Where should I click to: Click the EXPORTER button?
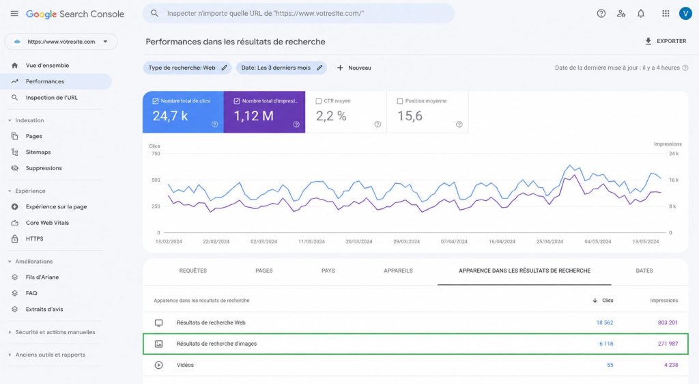click(x=666, y=41)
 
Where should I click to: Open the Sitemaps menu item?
click(x=38, y=152)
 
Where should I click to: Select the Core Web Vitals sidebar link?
click(x=47, y=223)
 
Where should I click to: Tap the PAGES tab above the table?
click(x=264, y=271)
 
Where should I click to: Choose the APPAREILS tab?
click(x=398, y=271)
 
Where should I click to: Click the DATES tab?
click(x=644, y=271)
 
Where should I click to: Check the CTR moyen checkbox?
click(x=319, y=101)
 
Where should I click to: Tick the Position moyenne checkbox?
click(x=400, y=101)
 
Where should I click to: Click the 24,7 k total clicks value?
click(x=170, y=116)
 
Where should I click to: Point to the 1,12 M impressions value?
click(x=254, y=116)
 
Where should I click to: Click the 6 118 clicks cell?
click(x=606, y=344)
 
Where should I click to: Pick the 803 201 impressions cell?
click(x=668, y=323)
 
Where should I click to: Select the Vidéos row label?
click(x=185, y=365)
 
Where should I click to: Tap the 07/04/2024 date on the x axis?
click(x=454, y=241)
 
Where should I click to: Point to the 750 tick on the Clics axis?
click(x=156, y=154)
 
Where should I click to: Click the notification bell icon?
click(x=640, y=14)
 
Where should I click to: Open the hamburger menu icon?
click(x=14, y=14)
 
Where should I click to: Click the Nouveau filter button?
click(x=354, y=68)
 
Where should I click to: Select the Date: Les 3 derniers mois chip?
click(x=281, y=68)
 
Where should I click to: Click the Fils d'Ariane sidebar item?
click(x=42, y=277)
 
